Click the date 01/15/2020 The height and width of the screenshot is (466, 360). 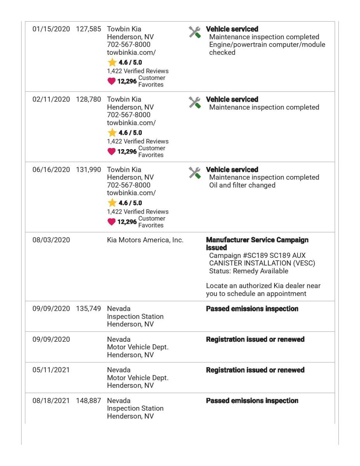tap(49, 29)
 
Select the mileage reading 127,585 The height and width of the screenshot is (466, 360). tap(88, 29)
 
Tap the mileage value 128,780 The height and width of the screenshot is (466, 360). tap(88, 99)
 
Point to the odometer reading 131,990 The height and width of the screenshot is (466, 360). tap(88, 170)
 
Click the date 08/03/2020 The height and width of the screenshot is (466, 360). tap(49, 240)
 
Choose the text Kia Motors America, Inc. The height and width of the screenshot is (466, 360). tap(145, 240)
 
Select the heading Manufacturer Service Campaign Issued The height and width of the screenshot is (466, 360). tap(257, 243)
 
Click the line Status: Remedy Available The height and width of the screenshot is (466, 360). tap(249, 271)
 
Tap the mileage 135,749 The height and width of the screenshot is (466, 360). tap(88, 309)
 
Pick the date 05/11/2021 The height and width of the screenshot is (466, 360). tap(49, 370)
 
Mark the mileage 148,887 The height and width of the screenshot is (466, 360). tap(88, 400)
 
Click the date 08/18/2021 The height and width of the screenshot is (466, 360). tap(49, 400)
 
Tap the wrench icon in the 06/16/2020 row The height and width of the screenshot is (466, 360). tap(195, 173)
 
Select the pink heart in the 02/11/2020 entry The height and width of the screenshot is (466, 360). tap(111, 151)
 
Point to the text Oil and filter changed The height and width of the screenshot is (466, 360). tap(242, 185)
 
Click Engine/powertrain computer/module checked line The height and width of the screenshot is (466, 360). tap(267, 49)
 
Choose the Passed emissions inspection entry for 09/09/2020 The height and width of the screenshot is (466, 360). tap(252, 309)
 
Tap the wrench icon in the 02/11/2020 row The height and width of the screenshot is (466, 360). tap(195, 103)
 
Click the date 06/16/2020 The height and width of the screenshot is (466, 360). tap(49, 170)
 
